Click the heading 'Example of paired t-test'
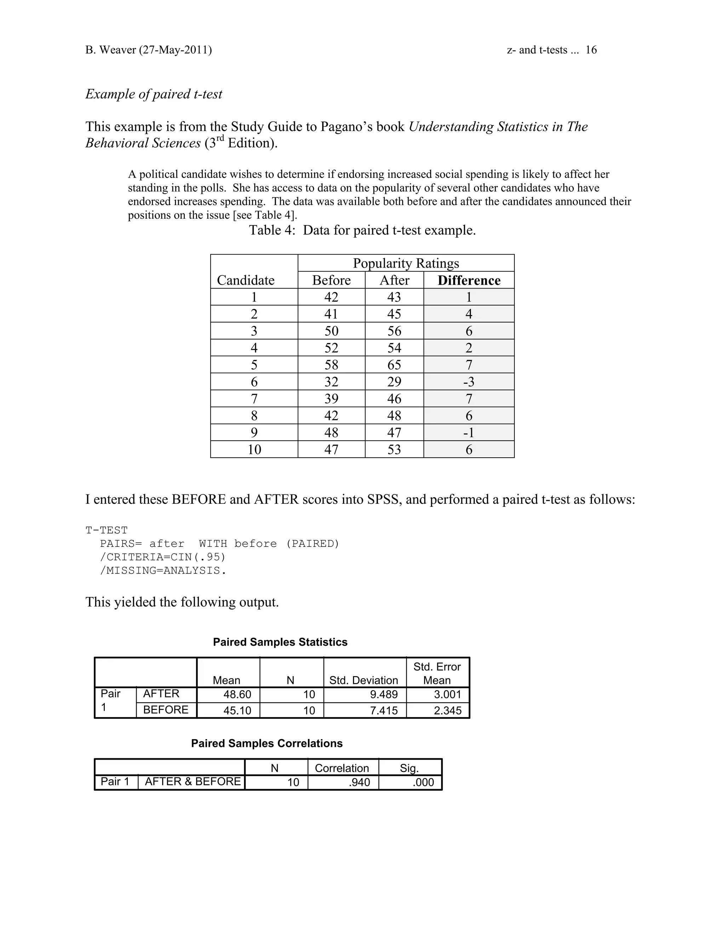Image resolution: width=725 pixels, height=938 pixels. tap(154, 94)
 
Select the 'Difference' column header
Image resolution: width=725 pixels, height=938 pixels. tap(469, 280)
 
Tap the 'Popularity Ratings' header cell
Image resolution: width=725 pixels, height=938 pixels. tap(406, 263)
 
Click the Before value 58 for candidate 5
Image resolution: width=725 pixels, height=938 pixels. tap(331, 365)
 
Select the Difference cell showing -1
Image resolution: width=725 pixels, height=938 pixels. tap(469, 433)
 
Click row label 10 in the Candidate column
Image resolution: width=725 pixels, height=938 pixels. tap(254, 450)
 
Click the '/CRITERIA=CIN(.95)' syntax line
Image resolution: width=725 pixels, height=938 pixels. tap(163, 557)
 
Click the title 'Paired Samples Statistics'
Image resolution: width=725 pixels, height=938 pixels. tap(280, 642)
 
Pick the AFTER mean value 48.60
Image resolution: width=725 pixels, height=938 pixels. tap(237, 694)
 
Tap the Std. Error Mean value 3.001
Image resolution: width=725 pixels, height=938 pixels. tap(447, 694)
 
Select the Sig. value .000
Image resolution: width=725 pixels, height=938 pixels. tap(423, 782)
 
